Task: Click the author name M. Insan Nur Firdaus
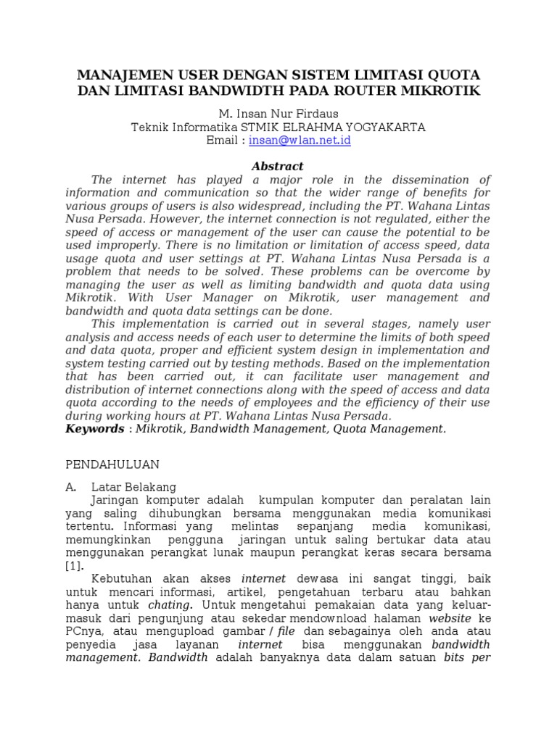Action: (x=278, y=114)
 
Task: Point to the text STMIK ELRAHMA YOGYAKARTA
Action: (x=334, y=127)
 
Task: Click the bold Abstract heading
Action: (x=277, y=166)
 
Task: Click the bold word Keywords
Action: (x=94, y=428)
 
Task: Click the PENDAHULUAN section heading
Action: (x=112, y=464)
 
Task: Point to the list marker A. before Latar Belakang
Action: (x=72, y=487)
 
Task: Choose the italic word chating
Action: (x=170, y=604)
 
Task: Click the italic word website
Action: (x=450, y=617)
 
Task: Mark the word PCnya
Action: (x=83, y=630)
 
